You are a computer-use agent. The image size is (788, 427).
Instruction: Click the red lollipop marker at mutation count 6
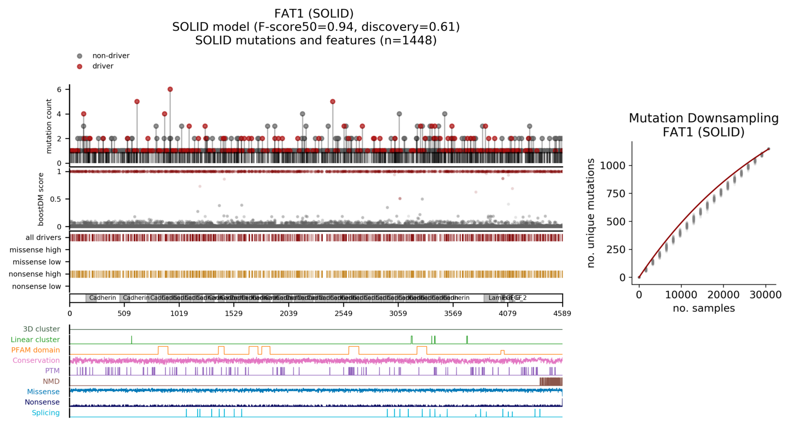(170, 89)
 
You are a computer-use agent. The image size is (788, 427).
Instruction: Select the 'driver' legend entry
(102, 66)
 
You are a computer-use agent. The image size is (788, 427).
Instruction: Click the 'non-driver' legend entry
(110, 56)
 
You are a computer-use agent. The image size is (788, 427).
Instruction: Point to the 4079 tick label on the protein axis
(507, 313)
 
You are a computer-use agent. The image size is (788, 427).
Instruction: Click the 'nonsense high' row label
(35, 274)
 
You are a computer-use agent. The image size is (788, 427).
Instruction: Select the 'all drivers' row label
(43, 237)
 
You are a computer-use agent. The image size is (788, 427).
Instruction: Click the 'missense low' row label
(37, 262)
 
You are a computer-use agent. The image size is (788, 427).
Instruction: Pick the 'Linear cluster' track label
(35, 340)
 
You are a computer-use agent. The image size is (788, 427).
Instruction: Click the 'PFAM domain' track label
(35, 350)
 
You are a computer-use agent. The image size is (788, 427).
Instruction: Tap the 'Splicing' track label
(46, 413)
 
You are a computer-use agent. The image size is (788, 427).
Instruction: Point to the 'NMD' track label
(51, 381)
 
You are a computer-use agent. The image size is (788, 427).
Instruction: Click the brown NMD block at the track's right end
(551, 381)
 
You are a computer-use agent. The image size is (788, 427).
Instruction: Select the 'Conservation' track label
(36, 360)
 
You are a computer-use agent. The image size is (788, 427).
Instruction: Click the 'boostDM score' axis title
(41, 199)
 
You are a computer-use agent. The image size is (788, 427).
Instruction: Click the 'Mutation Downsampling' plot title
(704, 118)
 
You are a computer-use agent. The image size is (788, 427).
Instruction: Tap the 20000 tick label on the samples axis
(723, 295)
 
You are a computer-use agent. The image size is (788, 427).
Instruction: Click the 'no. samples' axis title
(704, 308)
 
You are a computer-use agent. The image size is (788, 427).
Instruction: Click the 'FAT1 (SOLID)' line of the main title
(314, 13)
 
